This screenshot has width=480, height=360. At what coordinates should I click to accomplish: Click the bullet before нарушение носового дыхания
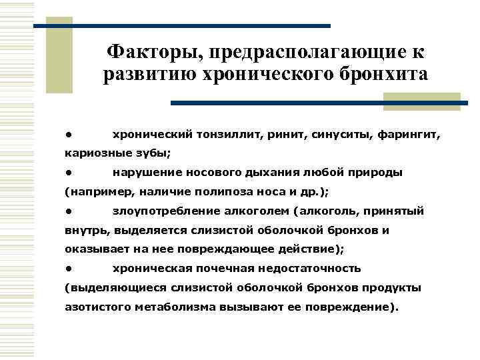pyautogui.click(x=68, y=173)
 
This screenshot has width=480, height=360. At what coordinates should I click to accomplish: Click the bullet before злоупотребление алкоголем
pyautogui.click(x=68, y=211)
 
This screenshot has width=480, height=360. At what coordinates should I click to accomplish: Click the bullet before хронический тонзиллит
pyautogui.click(x=68, y=134)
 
